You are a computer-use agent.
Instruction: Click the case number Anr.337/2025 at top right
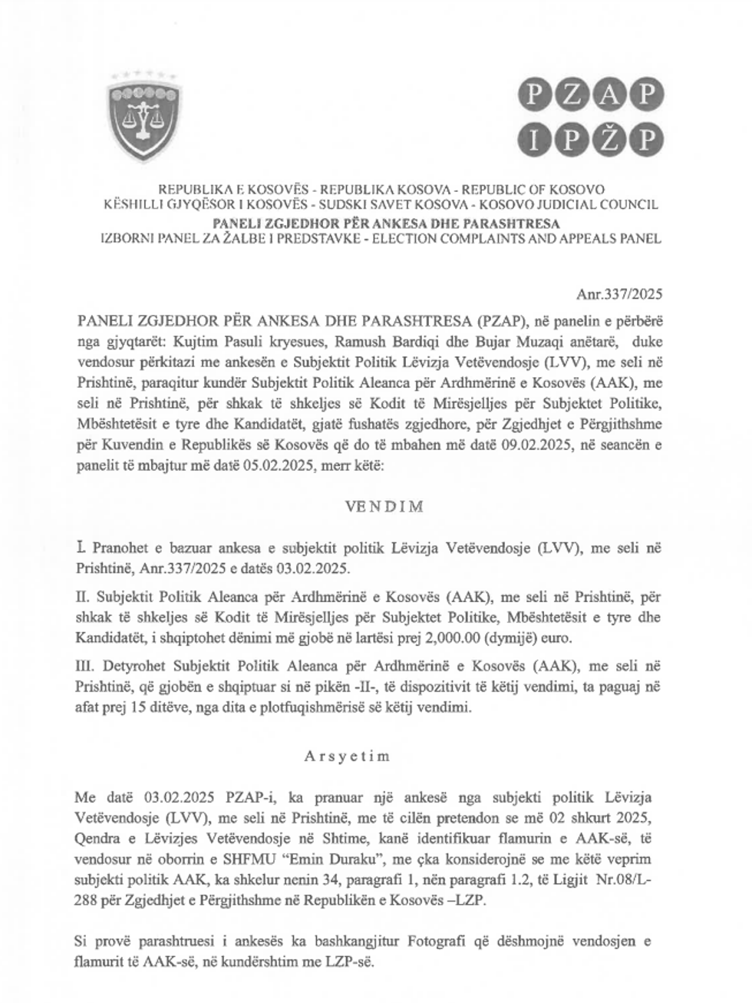coord(618,294)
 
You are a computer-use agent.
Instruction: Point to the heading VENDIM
coord(376,507)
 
